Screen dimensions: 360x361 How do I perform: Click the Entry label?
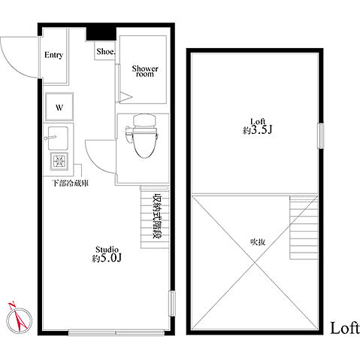53,55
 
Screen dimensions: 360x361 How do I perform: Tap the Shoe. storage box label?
105,51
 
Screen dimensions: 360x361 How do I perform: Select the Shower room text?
145,71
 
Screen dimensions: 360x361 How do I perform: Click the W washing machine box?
59,107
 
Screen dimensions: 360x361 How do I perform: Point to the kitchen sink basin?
58,138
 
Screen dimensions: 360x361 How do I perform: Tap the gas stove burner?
59,160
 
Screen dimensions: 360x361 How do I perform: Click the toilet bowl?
142,142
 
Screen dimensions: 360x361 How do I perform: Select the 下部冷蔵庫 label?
70,183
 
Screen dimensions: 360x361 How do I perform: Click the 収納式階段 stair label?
157,216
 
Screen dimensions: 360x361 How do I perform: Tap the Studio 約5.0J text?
107,254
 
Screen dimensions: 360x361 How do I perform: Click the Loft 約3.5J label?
257,126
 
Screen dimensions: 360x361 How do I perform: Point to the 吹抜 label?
258,242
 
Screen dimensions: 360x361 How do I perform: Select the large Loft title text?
344,328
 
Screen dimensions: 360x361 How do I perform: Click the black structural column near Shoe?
101,33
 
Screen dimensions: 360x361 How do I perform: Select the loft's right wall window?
320,136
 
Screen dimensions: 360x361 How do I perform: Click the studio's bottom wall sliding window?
116,332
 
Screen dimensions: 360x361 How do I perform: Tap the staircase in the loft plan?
304,227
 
